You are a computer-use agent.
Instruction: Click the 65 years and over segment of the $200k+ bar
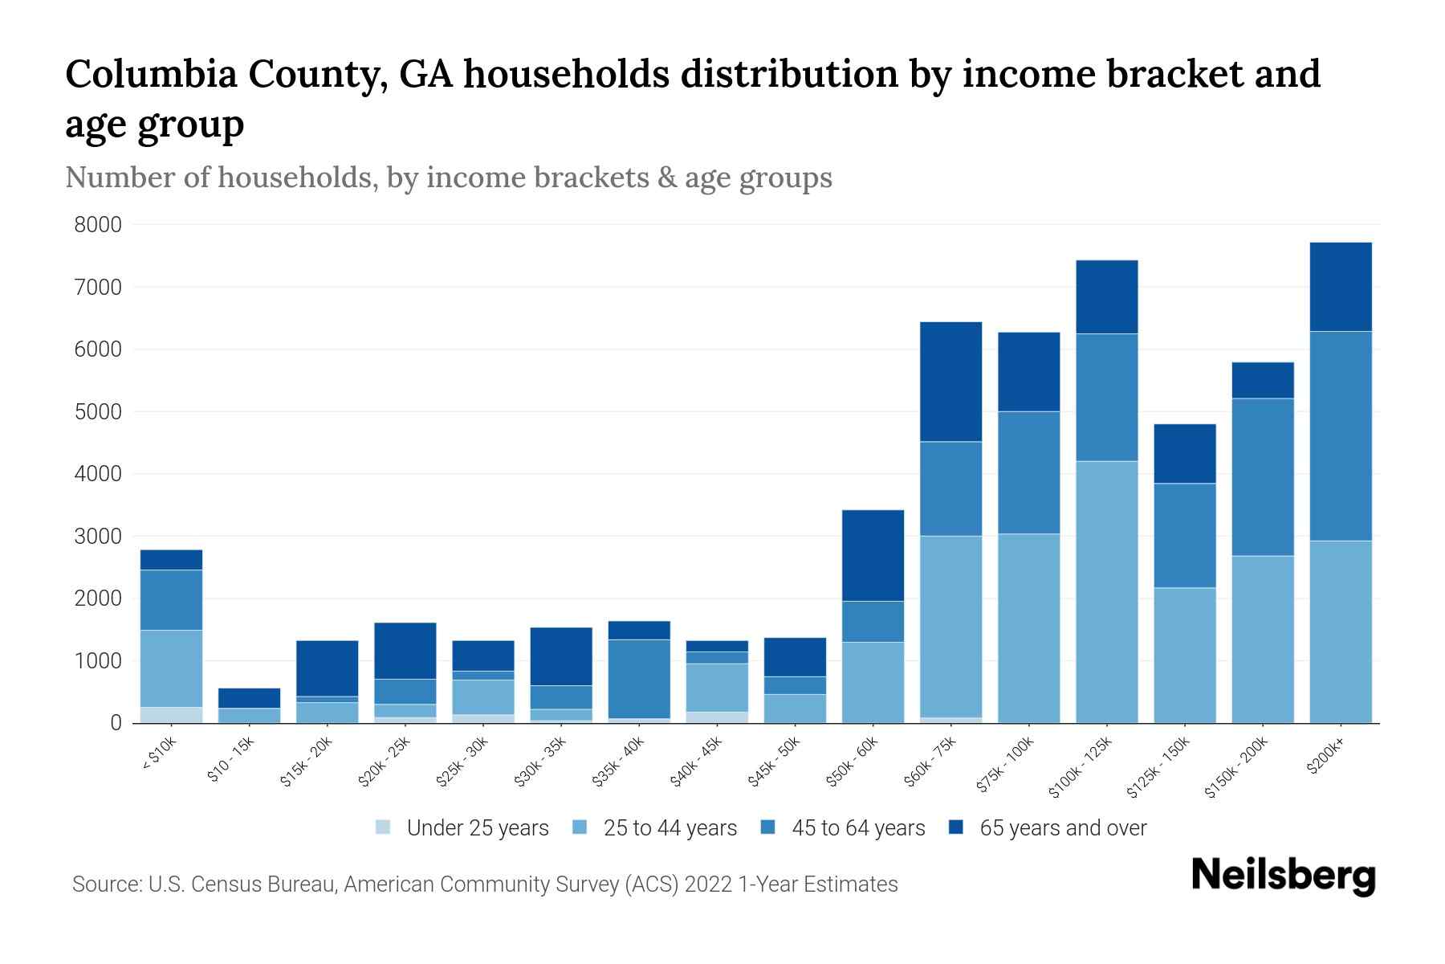click(x=1340, y=287)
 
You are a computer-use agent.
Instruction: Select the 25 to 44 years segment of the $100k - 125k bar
click(x=1106, y=592)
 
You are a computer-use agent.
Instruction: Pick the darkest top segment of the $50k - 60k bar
click(x=873, y=555)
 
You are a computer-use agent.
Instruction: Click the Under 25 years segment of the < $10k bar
click(x=171, y=715)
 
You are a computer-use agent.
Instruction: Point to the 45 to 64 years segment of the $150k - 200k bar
click(x=1262, y=477)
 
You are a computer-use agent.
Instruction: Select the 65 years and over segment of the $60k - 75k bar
click(x=950, y=382)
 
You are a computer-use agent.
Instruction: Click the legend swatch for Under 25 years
click(x=384, y=827)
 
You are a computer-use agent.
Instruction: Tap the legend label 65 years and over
click(x=1062, y=828)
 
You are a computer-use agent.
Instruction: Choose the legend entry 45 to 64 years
click(x=857, y=828)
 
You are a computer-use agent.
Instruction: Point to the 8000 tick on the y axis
click(x=98, y=225)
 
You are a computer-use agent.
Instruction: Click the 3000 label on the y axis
click(x=98, y=537)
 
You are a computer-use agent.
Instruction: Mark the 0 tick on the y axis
click(x=116, y=723)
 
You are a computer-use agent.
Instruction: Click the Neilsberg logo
click(x=1283, y=876)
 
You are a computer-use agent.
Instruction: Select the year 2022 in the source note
click(x=710, y=884)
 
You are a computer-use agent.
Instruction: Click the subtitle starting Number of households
click(x=448, y=177)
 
